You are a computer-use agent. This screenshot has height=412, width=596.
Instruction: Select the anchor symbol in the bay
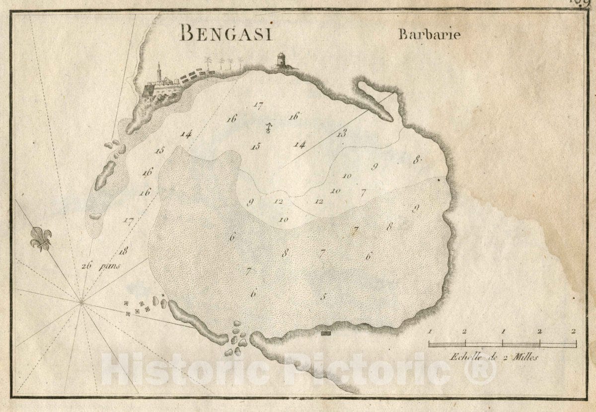coord(268,128)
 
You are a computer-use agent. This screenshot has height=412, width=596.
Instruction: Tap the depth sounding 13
coord(341,133)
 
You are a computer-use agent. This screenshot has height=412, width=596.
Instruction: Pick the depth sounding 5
coord(323,297)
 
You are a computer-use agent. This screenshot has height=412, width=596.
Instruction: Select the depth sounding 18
coord(124,250)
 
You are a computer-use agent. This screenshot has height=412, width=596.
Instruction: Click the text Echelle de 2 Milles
coord(494,356)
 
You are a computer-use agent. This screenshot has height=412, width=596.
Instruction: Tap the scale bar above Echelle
coord(502,343)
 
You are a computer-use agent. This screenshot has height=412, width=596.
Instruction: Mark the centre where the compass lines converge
coord(81,301)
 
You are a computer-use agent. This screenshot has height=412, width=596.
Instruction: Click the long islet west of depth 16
coord(105,175)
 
